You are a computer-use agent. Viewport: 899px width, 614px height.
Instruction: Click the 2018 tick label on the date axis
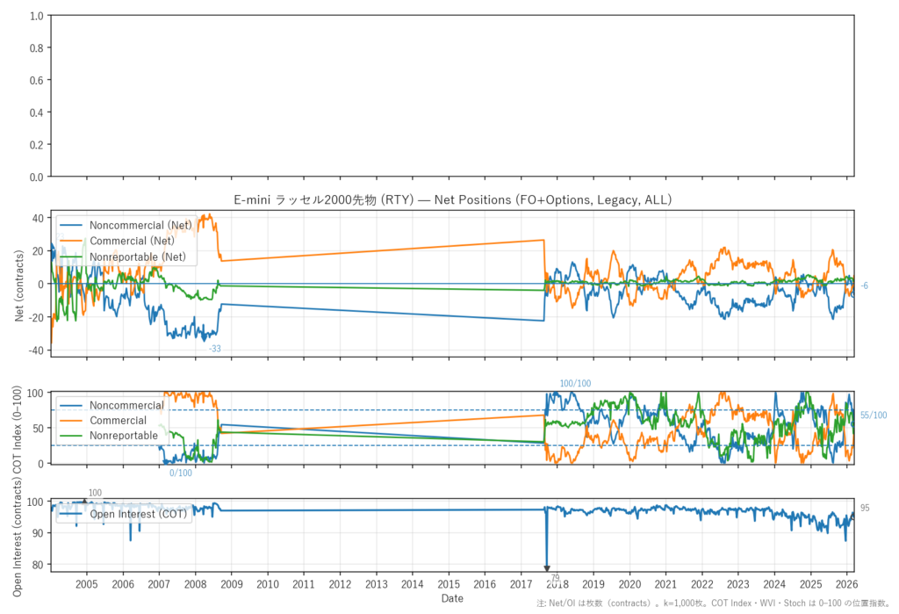point(557,584)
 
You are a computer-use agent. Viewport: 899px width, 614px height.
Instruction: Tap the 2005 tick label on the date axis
point(87,584)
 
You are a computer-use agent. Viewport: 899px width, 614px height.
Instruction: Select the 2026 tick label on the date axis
point(847,584)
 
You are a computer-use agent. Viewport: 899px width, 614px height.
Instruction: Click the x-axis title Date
point(452,598)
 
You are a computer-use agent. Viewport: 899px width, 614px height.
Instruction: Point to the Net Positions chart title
point(452,200)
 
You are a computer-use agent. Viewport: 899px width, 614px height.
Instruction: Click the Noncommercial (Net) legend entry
point(140,226)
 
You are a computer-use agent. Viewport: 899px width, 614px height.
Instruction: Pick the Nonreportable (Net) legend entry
point(140,256)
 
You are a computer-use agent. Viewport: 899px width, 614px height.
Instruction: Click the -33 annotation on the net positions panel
point(214,349)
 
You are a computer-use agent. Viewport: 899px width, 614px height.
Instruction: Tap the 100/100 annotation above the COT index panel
point(575,384)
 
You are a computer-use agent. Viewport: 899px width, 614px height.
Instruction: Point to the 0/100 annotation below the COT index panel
point(181,473)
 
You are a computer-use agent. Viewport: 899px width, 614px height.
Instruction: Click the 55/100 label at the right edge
point(874,415)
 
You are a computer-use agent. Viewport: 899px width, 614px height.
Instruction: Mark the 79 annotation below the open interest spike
point(555,577)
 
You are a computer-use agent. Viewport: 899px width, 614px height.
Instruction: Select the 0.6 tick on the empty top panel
point(37,81)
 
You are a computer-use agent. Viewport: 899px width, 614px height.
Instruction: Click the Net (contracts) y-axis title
point(20,284)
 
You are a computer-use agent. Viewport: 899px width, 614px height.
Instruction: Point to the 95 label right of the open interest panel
point(865,508)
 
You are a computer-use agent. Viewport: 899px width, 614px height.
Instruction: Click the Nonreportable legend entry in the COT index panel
point(124,436)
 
